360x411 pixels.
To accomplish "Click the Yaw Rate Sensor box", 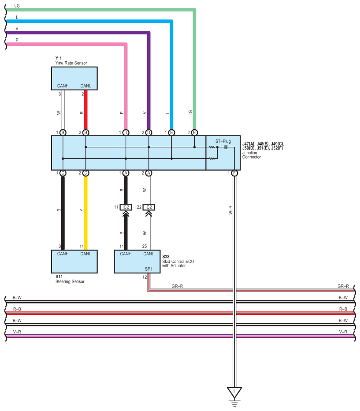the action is (x=74, y=78).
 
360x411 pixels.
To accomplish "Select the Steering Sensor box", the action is (x=74, y=262).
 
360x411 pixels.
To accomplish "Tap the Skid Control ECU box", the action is (x=137, y=262).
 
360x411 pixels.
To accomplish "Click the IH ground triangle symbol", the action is (x=234, y=392).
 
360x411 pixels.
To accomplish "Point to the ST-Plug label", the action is (x=223, y=141).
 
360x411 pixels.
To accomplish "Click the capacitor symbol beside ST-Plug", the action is (x=226, y=147).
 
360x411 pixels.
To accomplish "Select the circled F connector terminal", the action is (x=234, y=173).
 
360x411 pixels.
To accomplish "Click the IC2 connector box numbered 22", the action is (x=148, y=207).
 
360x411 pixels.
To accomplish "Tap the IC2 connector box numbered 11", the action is (x=126, y=207).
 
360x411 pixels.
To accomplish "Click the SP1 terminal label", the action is (x=148, y=269).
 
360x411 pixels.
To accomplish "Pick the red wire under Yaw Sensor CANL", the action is (x=85, y=110).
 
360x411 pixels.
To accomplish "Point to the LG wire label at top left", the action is (x=17, y=6).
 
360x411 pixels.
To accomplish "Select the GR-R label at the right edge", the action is (x=343, y=286).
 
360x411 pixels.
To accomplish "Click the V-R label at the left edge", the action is (x=17, y=332).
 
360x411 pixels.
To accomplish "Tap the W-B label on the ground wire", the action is (x=230, y=210).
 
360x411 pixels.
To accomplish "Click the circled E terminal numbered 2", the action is (x=194, y=133).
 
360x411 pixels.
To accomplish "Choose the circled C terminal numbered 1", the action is (x=63, y=173).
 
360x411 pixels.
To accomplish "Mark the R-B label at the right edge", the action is (x=343, y=309).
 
